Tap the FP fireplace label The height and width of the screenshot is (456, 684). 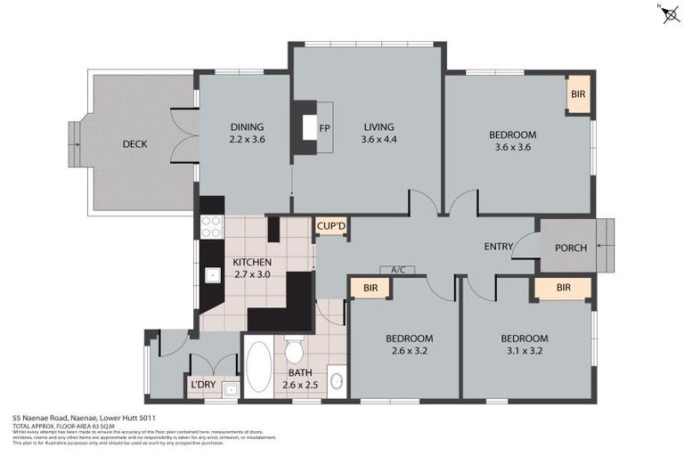tap(324, 126)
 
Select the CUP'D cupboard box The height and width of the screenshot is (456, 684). tap(331, 228)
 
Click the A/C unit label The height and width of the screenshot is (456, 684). tap(396, 269)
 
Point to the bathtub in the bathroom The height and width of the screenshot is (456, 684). tap(259, 367)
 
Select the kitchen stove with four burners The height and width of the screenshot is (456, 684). tap(211, 227)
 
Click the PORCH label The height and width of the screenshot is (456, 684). tap(571, 248)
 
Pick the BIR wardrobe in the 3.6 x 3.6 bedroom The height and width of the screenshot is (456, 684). tap(578, 94)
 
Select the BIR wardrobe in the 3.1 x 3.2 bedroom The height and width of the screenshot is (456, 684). tap(563, 289)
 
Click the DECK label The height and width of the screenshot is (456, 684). tap(135, 144)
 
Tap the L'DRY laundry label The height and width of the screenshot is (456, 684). tap(201, 386)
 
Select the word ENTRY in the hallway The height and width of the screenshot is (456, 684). tap(498, 247)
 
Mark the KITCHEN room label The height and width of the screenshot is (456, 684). tap(251, 262)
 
